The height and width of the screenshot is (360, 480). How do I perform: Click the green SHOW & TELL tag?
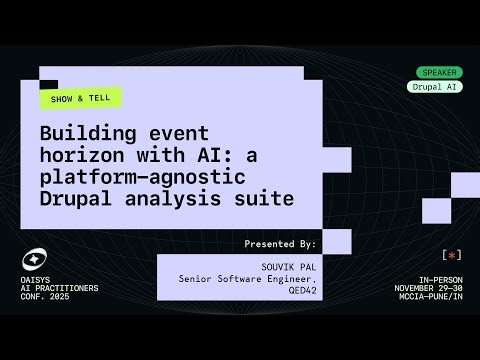[x=79, y=98]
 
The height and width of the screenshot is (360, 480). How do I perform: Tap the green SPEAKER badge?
[x=438, y=72]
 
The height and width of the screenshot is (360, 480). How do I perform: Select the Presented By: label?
[x=280, y=243]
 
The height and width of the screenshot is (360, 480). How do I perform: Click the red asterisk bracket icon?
[x=451, y=256]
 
